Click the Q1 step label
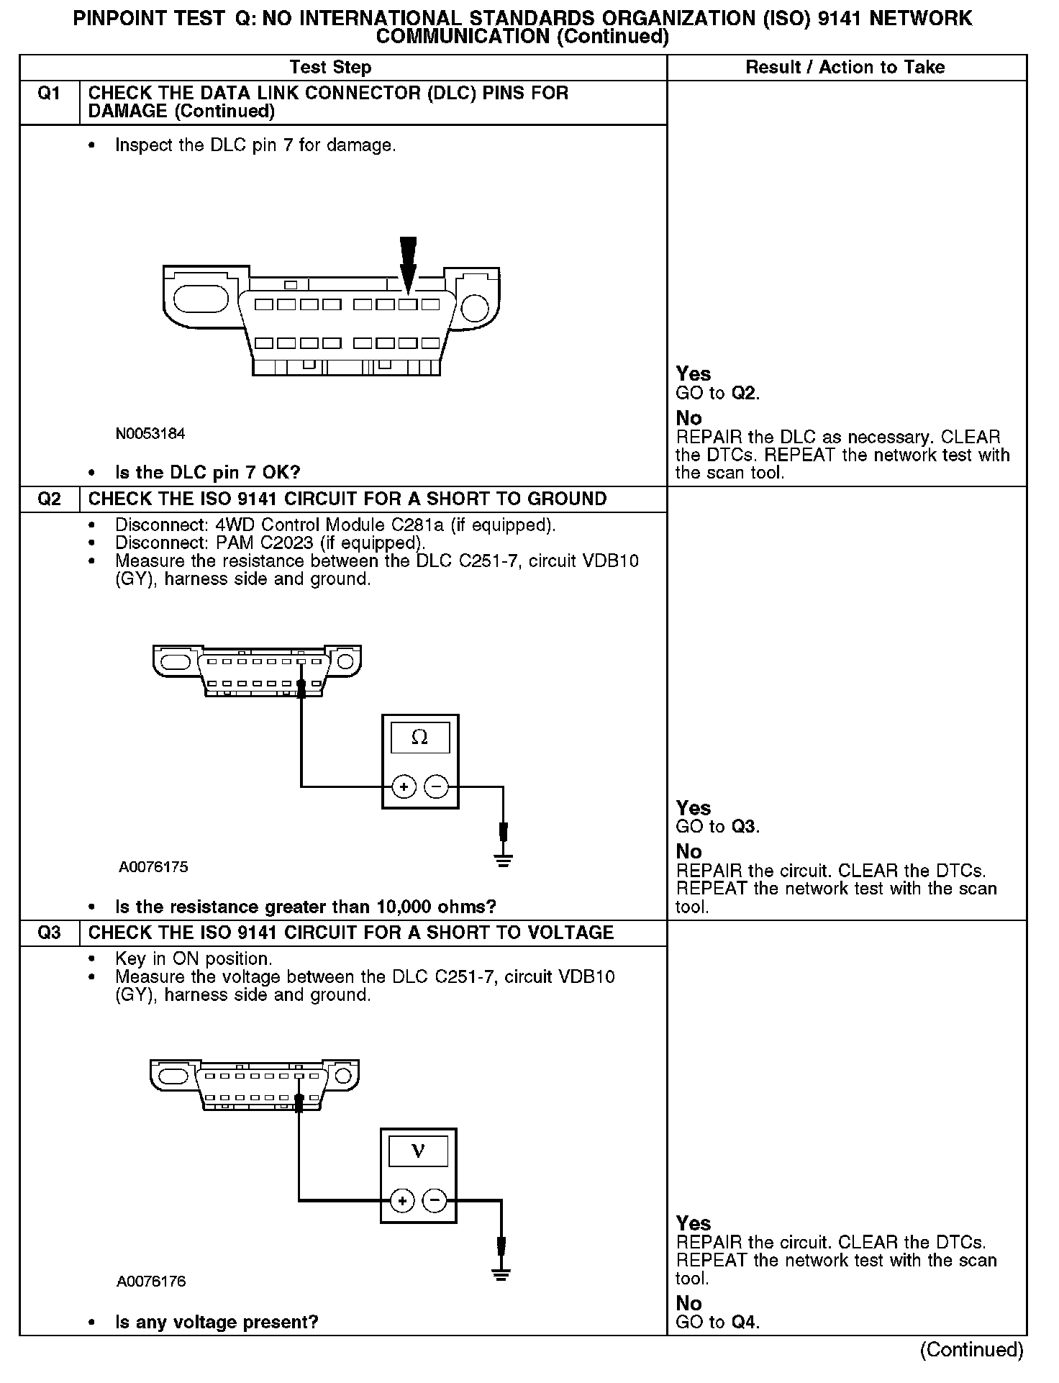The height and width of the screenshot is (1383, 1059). pyautogui.click(x=48, y=94)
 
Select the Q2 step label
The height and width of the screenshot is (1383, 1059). pyautogui.click(x=48, y=499)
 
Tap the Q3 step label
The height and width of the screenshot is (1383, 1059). pyautogui.click(x=48, y=933)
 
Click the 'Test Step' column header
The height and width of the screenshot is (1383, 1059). pyautogui.click(x=330, y=68)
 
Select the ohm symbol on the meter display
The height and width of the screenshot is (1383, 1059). pyautogui.click(x=419, y=738)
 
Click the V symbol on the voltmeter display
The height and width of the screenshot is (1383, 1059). pyautogui.click(x=418, y=1151)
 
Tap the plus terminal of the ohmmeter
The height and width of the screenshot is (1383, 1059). pyautogui.click(x=404, y=786)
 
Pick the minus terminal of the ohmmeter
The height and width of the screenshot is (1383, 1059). pyautogui.click(x=436, y=786)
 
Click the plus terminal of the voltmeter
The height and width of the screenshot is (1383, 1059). pyautogui.click(x=403, y=1200)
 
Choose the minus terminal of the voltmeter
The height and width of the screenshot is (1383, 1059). pyautogui.click(x=435, y=1200)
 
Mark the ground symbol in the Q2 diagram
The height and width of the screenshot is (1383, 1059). pyautogui.click(x=504, y=859)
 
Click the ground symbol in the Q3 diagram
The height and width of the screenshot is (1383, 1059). pyautogui.click(x=501, y=1274)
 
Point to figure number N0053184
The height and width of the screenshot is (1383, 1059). pyautogui.click(x=150, y=434)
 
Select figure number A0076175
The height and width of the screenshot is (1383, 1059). pyautogui.click(x=153, y=867)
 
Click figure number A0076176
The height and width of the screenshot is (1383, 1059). pyautogui.click(x=152, y=1282)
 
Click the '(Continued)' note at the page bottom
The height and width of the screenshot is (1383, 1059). pyautogui.click(x=971, y=1350)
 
